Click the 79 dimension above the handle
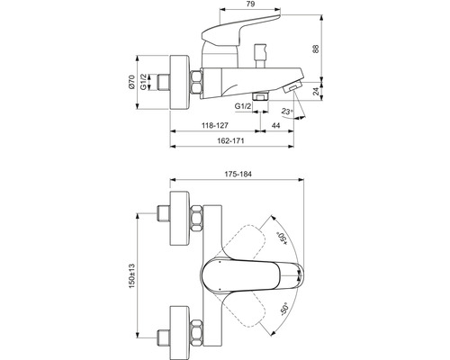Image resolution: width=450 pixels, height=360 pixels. [x=250, y=4]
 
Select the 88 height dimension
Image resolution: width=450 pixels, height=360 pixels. [x=316, y=49]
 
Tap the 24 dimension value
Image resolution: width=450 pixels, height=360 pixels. [x=316, y=92]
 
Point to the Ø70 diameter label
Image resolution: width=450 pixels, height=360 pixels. [x=131, y=82]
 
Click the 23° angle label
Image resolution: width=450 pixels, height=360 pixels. [x=287, y=112]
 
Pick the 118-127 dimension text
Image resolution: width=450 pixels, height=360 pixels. [x=214, y=125]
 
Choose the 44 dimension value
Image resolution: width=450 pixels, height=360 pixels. [x=275, y=125]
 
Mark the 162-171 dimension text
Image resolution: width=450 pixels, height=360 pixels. [x=231, y=140]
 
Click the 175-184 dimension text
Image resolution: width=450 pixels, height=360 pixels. [x=238, y=174]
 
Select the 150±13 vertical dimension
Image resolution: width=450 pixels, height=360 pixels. [x=132, y=276]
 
